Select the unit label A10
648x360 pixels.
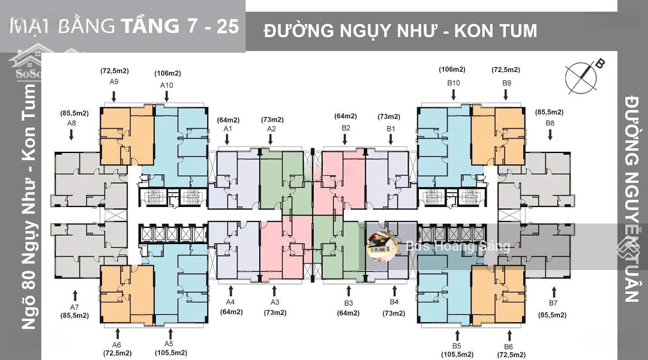pyautogui.click(x=166, y=85)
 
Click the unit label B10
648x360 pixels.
pyautogui.click(x=453, y=82)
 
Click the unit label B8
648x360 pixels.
pyautogui.click(x=550, y=123)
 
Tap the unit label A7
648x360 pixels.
pyautogui.click(x=74, y=305)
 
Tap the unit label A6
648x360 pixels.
pyautogui.click(x=116, y=344)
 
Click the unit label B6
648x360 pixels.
pyautogui.click(x=508, y=346)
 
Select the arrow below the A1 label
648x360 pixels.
pyautogui.click(x=227, y=140)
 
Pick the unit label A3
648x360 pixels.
pyautogui.click(x=275, y=302)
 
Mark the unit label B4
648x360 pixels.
pyautogui.click(x=394, y=302)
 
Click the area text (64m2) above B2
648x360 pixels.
pyautogui.click(x=346, y=116)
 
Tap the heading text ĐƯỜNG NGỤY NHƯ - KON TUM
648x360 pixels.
pyautogui.click(x=400, y=30)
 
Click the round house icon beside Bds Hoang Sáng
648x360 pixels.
pyautogui.click(x=382, y=246)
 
